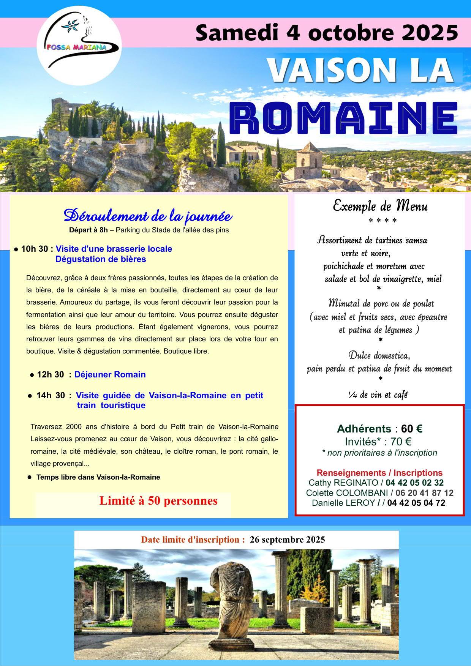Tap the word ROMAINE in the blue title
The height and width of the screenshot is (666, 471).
click(x=345, y=117)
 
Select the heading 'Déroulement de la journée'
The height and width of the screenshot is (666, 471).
click(x=148, y=216)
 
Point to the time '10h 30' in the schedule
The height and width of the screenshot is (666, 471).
click(x=35, y=249)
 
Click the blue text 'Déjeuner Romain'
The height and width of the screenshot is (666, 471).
click(x=110, y=375)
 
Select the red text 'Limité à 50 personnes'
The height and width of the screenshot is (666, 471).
click(x=158, y=501)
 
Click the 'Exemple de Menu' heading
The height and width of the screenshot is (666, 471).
click(x=380, y=206)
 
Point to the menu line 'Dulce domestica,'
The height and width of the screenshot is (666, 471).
click(x=379, y=356)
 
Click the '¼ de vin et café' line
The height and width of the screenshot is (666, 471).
click(x=378, y=395)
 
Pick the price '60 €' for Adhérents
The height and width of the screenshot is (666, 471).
click(x=412, y=429)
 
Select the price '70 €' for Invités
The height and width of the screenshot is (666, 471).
click(x=401, y=442)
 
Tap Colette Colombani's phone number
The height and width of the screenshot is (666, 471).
click(x=424, y=493)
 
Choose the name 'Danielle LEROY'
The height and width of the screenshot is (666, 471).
click(x=343, y=503)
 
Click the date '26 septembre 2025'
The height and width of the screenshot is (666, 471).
click(x=287, y=540)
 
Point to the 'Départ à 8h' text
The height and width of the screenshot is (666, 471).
click(x=89, y=230)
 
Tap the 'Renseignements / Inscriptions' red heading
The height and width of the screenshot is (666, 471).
click(x=379, y=473)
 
